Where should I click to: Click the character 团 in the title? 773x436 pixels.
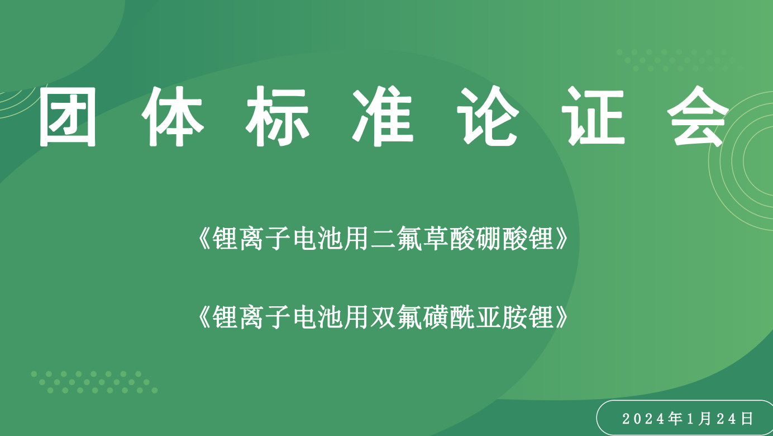(x=68, y=117)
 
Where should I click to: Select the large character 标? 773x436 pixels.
(x=278, y=117)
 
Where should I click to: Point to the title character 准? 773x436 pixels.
(x=383, y=117)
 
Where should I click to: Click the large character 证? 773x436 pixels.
(x=593, y=117)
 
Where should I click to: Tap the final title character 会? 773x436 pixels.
(x=698, y=117)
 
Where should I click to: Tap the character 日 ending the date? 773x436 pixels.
(x=747, y=418)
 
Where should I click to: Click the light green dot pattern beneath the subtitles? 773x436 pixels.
(x=94, y=382)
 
